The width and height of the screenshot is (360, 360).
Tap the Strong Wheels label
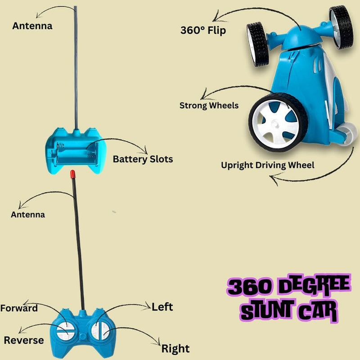[x=209, y=106]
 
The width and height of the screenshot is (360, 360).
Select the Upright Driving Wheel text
[x=267, y=165]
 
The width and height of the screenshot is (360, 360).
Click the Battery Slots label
[x=143, y=159]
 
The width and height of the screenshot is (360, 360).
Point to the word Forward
[x=19, y=308]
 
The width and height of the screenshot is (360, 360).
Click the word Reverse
[x=24, y=340]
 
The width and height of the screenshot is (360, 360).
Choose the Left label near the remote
[x=162, y=307]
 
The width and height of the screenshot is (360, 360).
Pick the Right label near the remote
[x=175, y=348]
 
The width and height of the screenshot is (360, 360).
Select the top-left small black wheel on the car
[x=258, y=44]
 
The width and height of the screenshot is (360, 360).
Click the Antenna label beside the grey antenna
[x=32, y=26]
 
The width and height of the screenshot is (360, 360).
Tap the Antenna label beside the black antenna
[x=28, y=215]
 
